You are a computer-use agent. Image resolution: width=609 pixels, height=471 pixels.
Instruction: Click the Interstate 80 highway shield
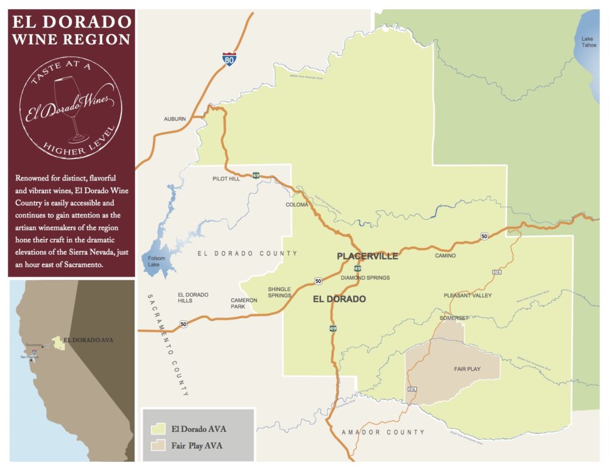(228, 59)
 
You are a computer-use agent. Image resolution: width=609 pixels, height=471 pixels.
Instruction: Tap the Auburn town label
(175, 119)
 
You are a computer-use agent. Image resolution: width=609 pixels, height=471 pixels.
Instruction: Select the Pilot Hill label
(226, 179)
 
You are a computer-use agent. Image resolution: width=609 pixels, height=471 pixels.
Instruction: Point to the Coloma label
(297, 205)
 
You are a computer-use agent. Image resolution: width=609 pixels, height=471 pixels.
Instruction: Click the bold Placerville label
(367, 256)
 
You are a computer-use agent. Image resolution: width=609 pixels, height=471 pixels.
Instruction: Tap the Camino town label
(445, 256)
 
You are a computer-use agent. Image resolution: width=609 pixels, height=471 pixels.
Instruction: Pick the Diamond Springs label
(365, 278)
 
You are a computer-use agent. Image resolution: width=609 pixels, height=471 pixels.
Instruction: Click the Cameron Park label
(244, 303)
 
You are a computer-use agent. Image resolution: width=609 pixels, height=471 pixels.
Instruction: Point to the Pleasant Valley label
(468, 296)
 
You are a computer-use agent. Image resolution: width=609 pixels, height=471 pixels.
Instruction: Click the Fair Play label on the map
(467, 369)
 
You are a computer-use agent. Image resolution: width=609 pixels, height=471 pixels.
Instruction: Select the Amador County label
(383, 432)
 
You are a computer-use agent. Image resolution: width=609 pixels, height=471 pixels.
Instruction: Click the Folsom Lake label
(157, 263)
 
